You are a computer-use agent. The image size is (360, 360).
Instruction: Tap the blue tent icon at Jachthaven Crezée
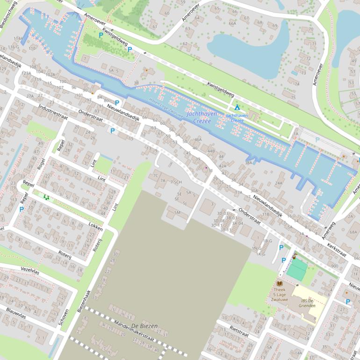tap(237, 108)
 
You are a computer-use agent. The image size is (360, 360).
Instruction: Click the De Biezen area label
tap(144, 326)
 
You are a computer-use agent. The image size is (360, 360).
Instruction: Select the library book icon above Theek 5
tap(280, 283)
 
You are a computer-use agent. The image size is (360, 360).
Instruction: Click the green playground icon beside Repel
tap(46, 197)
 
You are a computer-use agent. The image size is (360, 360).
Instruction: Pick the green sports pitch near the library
tap(297, 270)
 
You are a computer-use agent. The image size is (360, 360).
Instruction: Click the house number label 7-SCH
tap(176, 181)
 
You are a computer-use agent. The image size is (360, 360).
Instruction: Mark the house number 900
tap(334, 266)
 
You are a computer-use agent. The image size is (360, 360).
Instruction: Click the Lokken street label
tap(96, 225)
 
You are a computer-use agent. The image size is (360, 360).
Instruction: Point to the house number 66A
tap(232, 23)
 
